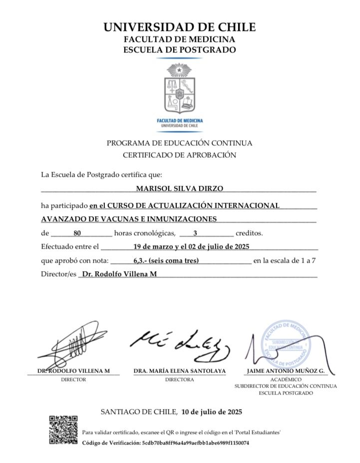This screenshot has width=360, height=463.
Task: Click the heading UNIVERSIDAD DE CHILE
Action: (x=180, y=27)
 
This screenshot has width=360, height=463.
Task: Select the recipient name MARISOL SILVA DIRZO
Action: (x=180, y=188)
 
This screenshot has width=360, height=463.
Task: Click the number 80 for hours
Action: (x=77, y=233)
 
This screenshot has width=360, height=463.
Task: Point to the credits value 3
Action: (x=195, y=233)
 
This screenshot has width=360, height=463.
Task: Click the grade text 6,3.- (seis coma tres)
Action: (x=166, y=260)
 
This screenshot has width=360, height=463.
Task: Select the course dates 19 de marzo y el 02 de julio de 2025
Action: (x=191, y=246)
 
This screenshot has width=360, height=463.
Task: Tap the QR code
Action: (x=63, y=430)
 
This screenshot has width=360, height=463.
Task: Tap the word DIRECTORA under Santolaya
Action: (x=179, y=380)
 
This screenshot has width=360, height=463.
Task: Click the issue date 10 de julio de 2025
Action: (x=212, y=412)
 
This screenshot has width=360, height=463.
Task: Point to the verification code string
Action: (x=196, y=443)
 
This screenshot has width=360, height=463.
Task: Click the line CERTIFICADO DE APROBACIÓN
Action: (x=179, y=155)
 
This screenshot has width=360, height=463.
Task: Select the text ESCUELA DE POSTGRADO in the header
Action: (x=180, y=49)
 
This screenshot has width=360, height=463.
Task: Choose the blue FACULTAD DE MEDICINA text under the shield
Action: (x=180, y=121)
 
